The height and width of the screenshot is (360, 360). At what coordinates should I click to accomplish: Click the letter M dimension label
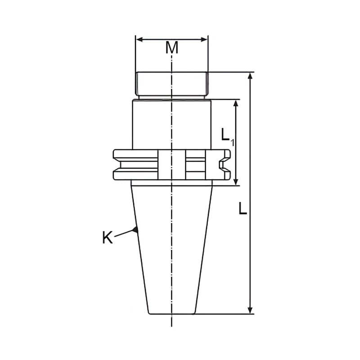point(172,48)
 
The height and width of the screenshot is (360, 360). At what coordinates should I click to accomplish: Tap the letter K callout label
point(108,237)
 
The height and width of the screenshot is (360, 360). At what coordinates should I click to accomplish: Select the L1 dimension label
point(227,137)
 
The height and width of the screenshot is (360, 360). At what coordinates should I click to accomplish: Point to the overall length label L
point(243,208)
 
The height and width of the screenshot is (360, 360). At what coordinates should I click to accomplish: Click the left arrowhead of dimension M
point(139,40)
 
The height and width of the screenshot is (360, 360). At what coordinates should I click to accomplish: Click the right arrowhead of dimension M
point(204,40)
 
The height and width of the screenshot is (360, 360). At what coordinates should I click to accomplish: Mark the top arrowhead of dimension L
point(250,76)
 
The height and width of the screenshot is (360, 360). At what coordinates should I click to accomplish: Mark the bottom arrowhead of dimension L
point(250,310)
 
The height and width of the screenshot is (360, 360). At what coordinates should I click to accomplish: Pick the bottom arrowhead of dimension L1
point(236,182)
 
